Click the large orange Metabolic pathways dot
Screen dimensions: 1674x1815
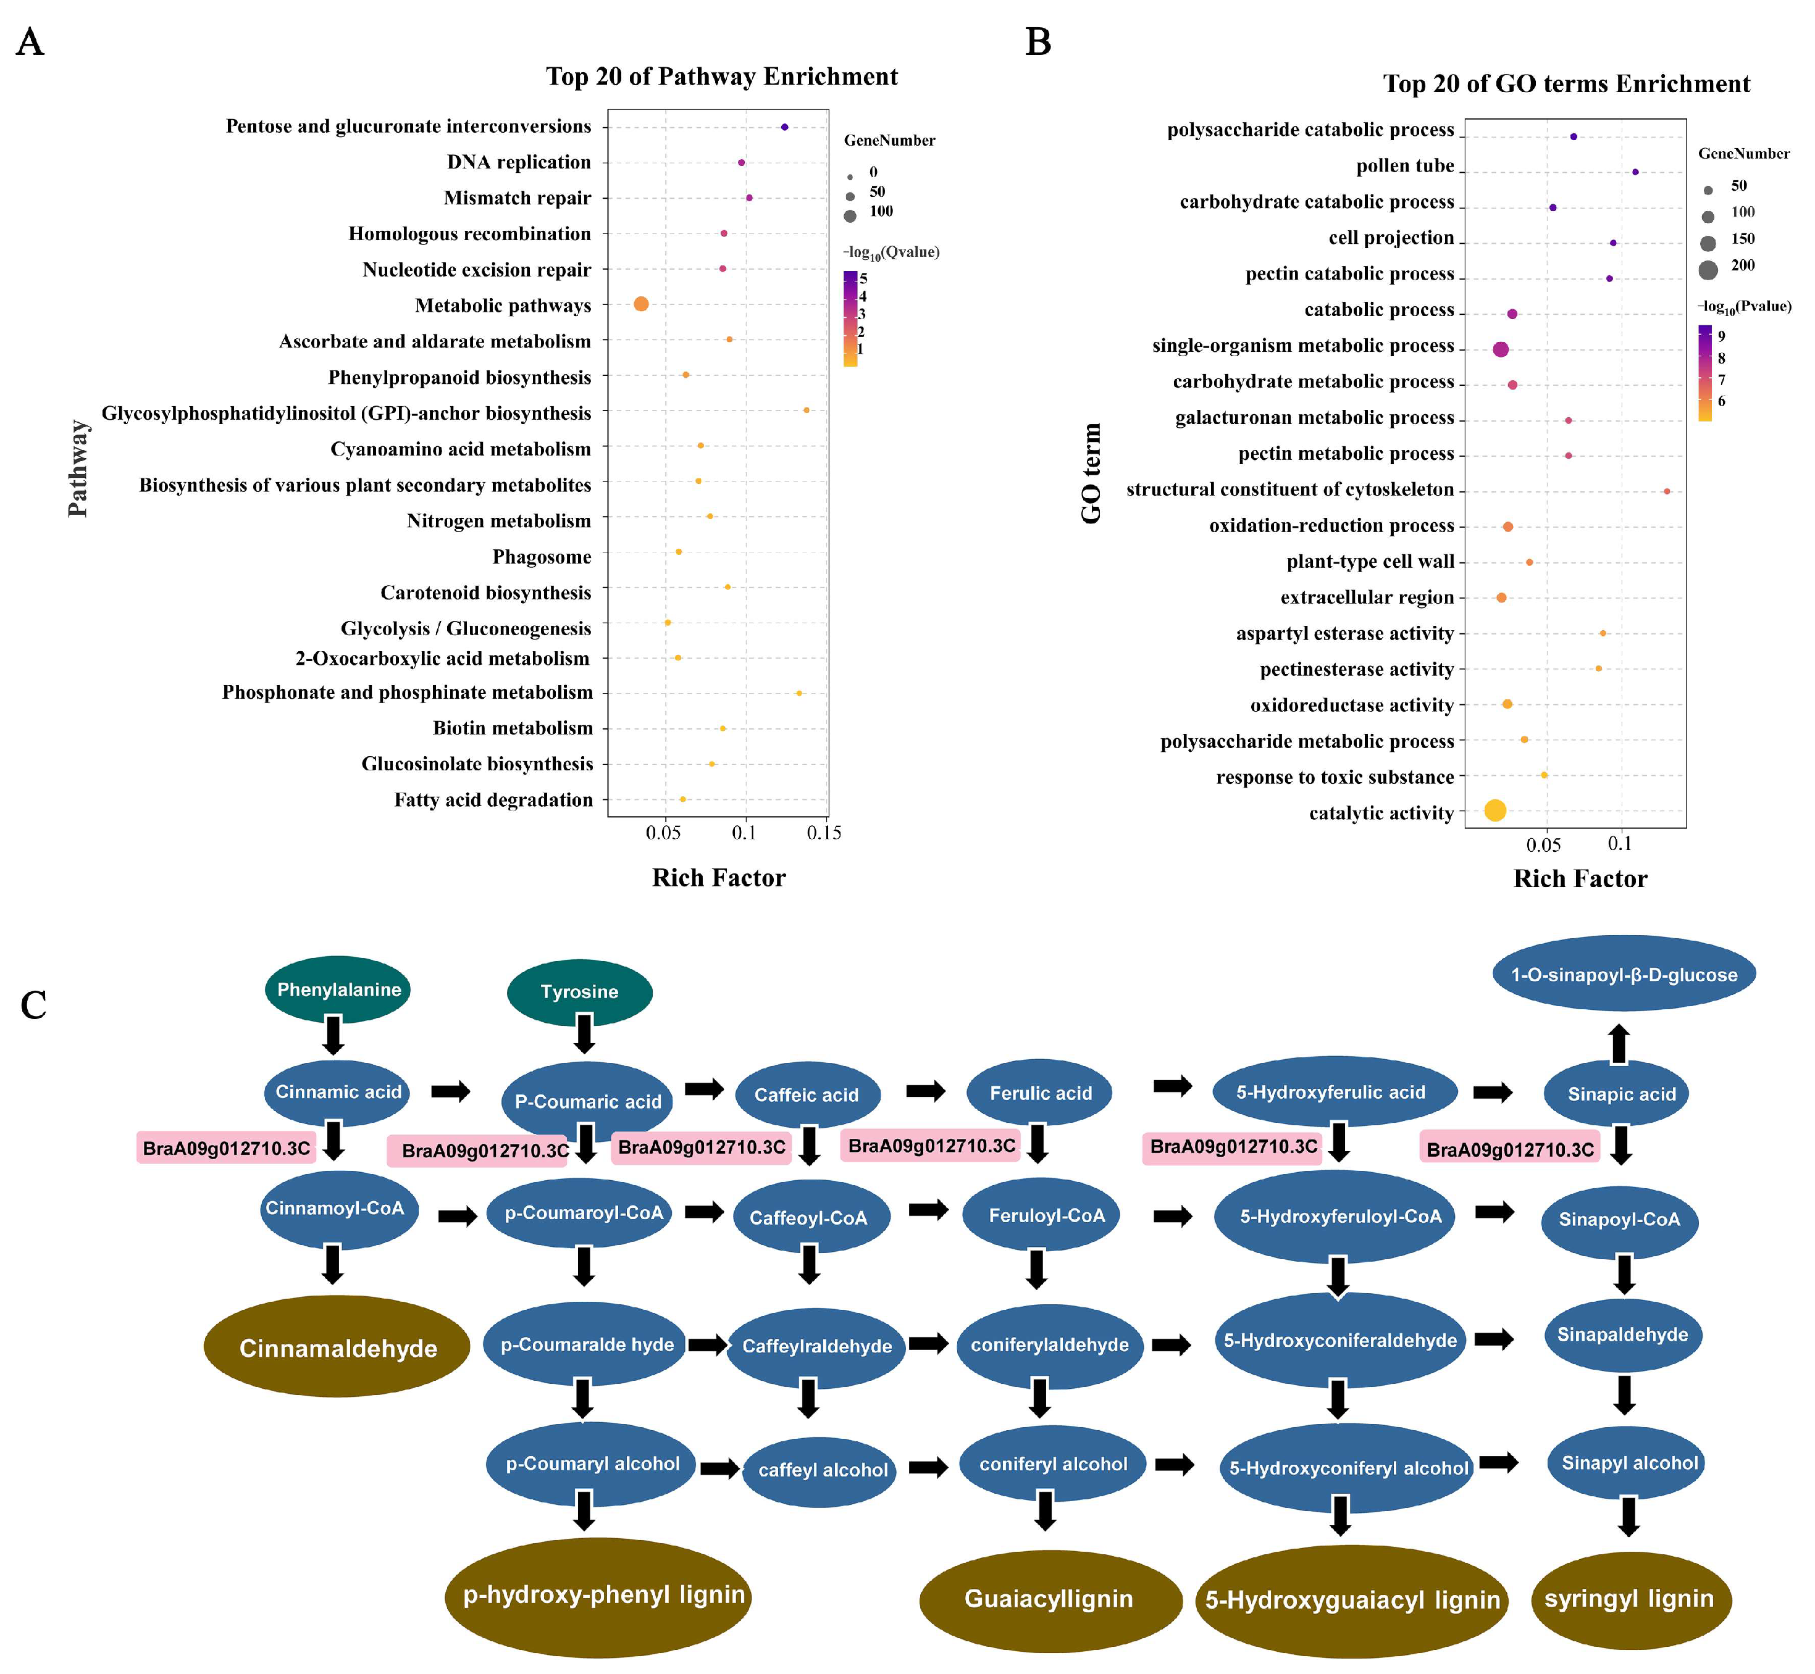click(640, 304)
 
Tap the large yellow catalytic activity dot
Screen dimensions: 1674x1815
click(1495, 810)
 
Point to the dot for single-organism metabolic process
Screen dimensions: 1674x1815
click(1501, 349)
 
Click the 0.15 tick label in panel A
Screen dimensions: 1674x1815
click(824, 833)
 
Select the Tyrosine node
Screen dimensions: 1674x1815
click(579, 993)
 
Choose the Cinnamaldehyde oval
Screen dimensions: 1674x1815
click(337, 1349)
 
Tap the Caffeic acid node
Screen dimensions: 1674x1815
click(807, 1095)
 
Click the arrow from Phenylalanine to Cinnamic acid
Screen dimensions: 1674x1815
click(333, 1035)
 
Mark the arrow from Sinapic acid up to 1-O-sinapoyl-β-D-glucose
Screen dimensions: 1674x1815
click(1619, 1044)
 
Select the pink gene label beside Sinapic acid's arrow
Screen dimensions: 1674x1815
click(1510, 1149)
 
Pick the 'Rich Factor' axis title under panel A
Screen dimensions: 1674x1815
click(719, 878)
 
